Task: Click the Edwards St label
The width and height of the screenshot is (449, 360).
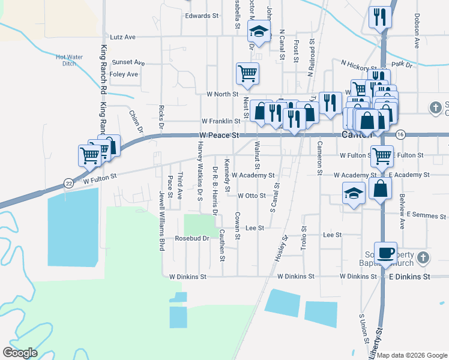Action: coord(202,16)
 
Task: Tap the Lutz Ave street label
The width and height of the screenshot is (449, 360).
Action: coord(122,37)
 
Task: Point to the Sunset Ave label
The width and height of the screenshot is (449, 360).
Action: coord(128,62)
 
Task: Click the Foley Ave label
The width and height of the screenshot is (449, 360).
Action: coord(124,74)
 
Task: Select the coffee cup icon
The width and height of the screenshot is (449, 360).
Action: coord(385,252)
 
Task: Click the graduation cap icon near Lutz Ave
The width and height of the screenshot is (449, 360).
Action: coord(259,33)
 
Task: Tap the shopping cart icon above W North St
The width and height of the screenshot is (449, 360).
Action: coord(247,73)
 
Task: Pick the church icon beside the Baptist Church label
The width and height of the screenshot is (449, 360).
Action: coord(423,258)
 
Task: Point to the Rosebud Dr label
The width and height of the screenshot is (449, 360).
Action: coord(191,238)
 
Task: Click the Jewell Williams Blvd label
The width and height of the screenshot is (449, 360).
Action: coord(161,221)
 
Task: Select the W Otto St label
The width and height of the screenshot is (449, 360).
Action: coord(252,196)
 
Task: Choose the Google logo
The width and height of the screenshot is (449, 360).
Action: coord(20,353)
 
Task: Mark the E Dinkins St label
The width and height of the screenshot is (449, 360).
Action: coord(410,277)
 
